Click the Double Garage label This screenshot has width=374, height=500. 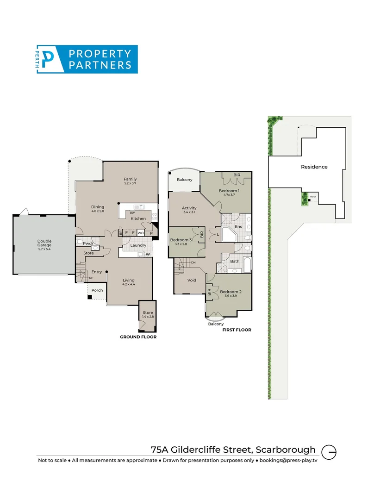coord(44,241)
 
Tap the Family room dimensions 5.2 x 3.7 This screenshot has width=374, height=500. coord(130,184)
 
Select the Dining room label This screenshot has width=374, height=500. coord(97,207)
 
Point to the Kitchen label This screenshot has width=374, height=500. coord(138,219)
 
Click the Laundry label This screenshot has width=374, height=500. coord(138,245)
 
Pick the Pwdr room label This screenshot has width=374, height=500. coord(88,243)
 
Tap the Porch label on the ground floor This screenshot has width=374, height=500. coord(97,290)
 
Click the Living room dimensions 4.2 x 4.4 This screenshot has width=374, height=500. coord(128,285)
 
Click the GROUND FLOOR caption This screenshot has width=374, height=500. coord(138,337)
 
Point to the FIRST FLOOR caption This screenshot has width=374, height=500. coord(236,330)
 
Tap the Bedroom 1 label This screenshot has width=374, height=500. coord(229,191)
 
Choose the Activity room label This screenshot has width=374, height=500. coord(189,208)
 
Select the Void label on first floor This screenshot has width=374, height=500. coord(192,280)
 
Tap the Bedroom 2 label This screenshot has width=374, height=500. coord(231,292)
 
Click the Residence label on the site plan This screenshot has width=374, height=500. coord(314,167)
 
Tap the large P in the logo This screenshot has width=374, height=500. coord(47,59)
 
